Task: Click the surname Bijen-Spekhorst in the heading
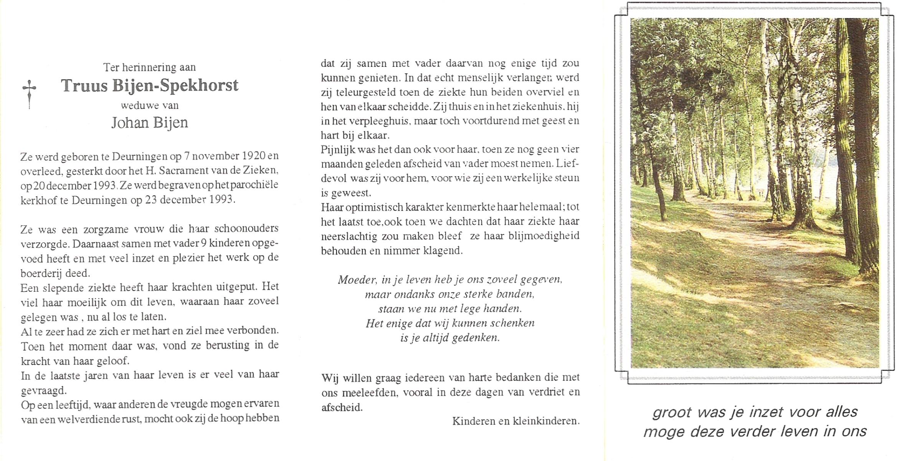(x=175, y=86)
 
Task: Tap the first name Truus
(x=84, y=86)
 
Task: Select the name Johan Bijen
(x=149, y=123)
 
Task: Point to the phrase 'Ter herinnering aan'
(x=149, y=67)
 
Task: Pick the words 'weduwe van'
(x=149, y=105)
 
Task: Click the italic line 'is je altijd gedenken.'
(x=450, y=338)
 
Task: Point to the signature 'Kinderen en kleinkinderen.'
(x=515, y=421)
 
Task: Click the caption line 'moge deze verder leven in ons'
(x=755, y=431)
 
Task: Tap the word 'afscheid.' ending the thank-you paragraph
(x=342, y=407)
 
